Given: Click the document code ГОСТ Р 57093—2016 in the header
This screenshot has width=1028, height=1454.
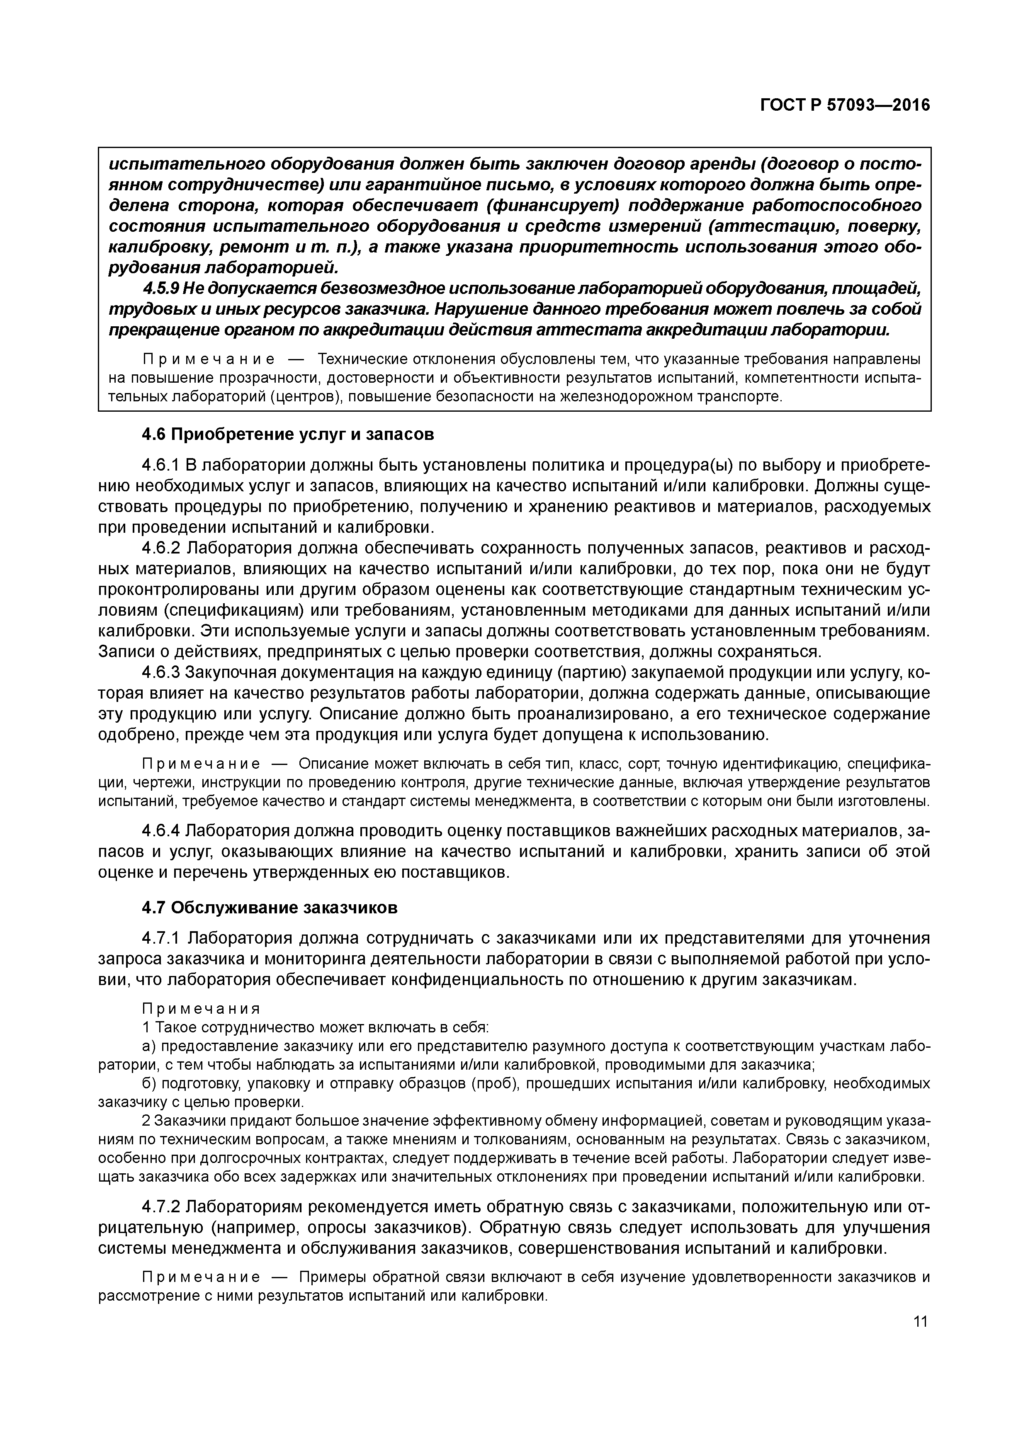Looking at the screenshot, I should point(845,105).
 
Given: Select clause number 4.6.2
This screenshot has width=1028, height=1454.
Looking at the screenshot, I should point(162,549).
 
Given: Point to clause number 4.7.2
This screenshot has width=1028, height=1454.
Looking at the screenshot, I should point(162,1207).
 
